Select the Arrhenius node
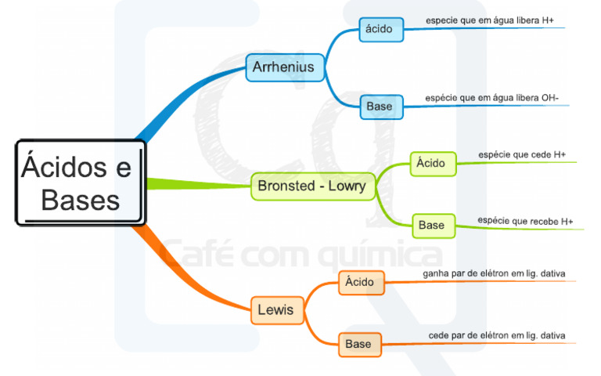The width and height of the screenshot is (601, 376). (x=283, y=67)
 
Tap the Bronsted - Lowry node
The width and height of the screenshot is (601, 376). (x=312, y=186)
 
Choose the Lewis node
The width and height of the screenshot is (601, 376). (x=275, y=310)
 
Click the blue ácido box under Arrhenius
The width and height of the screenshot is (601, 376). (x=380, y=30)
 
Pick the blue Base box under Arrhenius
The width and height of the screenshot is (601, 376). (x=381, y=106)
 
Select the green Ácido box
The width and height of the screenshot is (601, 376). (x=432, y=163)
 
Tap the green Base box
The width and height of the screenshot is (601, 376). (x=432, y=225)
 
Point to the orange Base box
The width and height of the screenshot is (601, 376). (x=359, y=344)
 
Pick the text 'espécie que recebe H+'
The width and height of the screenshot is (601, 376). (x=525, y=221)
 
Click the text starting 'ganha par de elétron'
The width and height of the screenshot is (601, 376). (x=494, y=273)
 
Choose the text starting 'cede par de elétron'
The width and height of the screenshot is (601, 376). (x=497, y=335)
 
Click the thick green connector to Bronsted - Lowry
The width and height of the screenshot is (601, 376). (x=196, y=185)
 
